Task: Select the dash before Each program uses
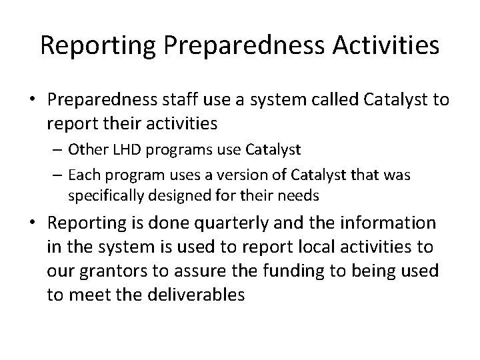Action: click(57, 175)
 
